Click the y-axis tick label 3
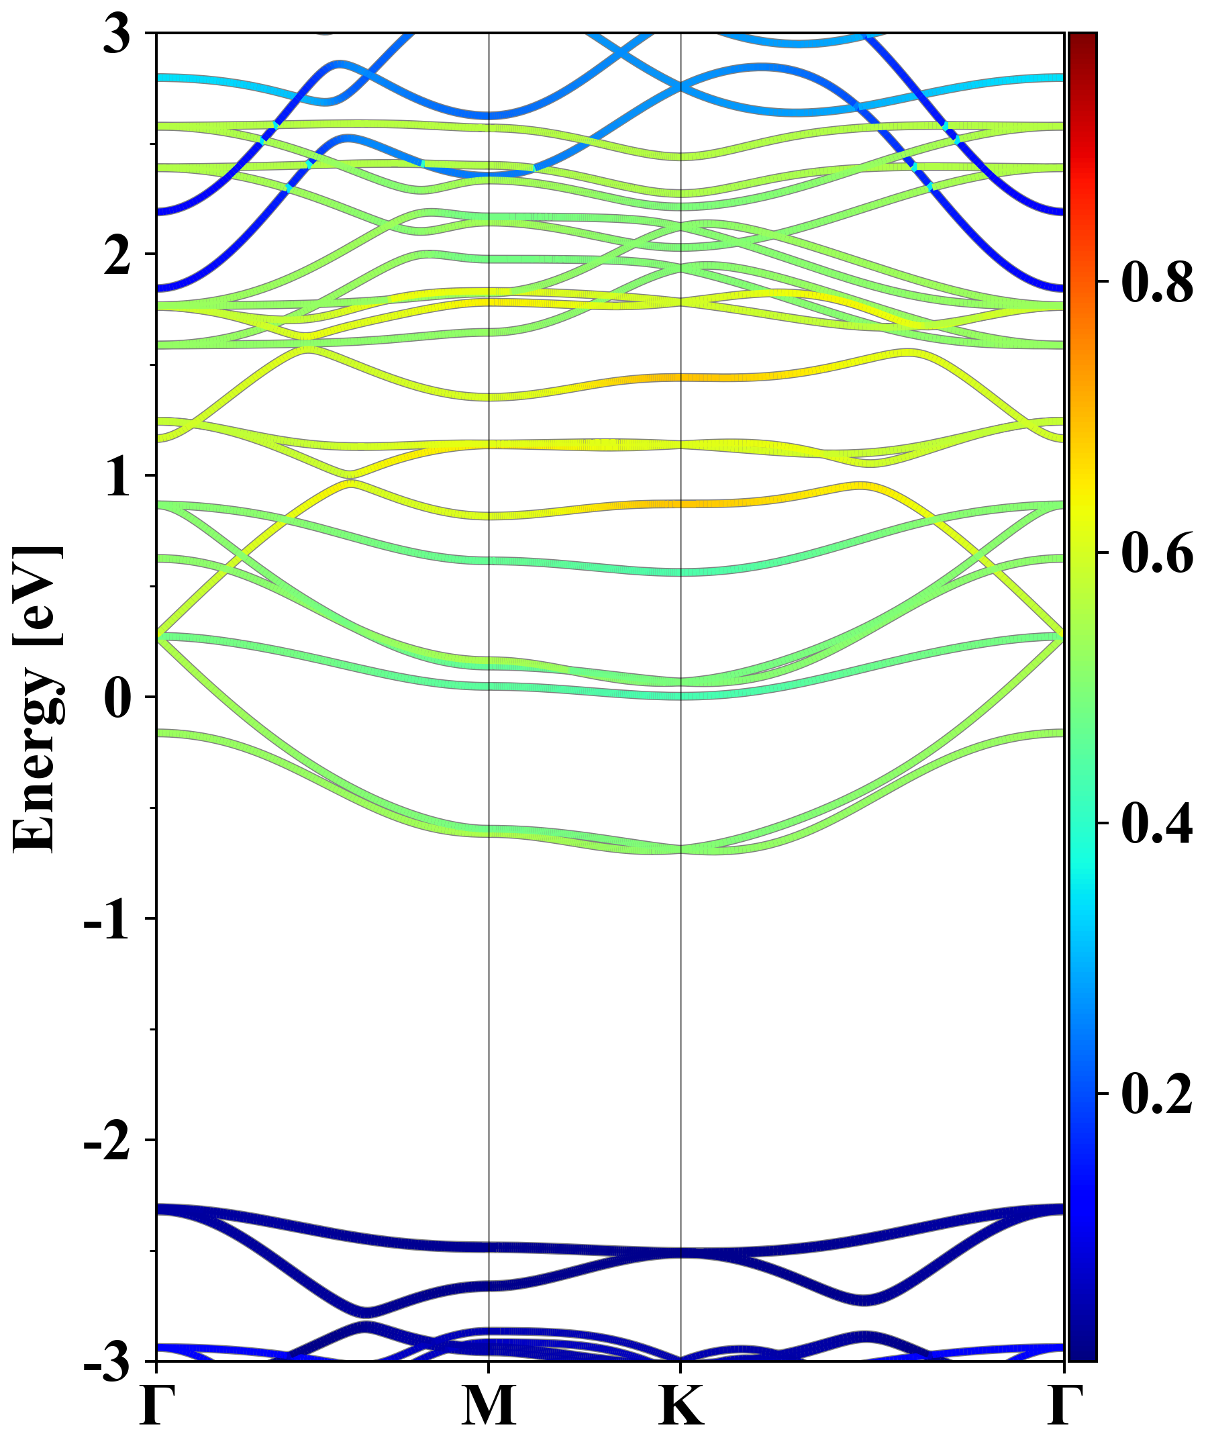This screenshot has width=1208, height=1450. tap(117, 34)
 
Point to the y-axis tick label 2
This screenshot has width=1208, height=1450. tap(117, 256)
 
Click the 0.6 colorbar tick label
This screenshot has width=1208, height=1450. tap(1157, 552)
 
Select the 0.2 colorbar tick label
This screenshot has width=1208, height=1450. tap(1157, 1094)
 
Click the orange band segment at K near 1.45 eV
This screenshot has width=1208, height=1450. tap(681, 378)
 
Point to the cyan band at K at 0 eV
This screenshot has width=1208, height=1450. tap(681, 696)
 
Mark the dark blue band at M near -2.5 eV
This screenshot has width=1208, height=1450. tap(489, 1248)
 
